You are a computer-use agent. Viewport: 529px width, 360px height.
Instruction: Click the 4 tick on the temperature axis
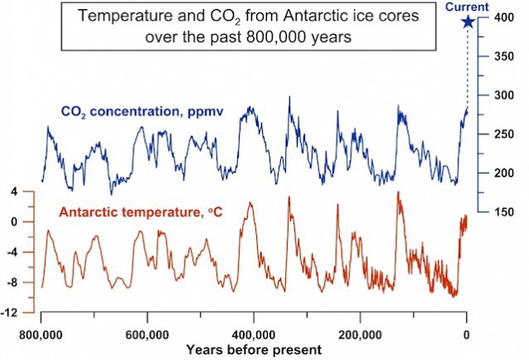[x=13, y=192]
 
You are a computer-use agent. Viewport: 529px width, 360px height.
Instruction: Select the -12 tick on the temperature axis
[x=11, y=313]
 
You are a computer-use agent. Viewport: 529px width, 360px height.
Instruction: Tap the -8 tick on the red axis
[x=12, y=283]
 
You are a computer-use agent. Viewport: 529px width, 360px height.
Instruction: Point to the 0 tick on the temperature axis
[x=13, y=222]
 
